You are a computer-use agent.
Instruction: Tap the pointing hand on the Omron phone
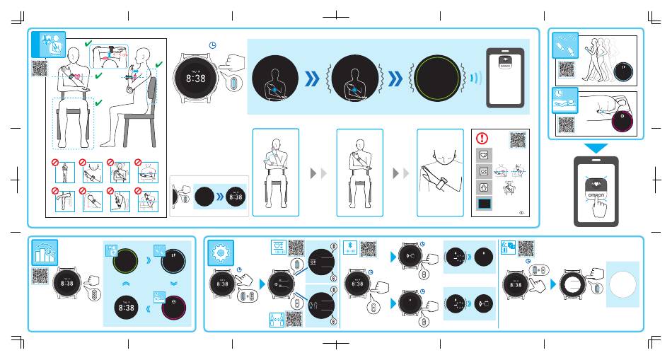pos(601,208)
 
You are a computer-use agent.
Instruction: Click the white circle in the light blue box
pos(622,284)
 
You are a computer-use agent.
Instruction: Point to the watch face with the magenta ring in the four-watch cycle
pos(170,308)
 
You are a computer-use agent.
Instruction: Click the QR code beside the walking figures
pos(567,69)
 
